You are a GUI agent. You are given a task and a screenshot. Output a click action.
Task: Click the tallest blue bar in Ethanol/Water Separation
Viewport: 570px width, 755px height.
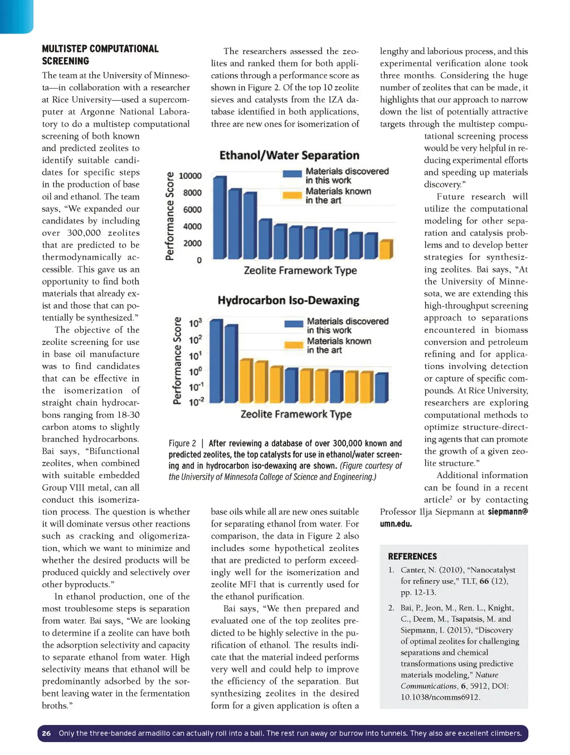[x=220, y=217]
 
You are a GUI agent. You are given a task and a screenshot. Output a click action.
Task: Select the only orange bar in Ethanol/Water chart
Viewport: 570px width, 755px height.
[x=386, y=249]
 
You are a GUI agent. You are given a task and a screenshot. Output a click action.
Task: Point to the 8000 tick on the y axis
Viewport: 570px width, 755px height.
[x=192, y=193]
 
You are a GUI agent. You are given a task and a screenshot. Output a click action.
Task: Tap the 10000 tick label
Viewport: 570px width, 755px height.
[x=190, y=176]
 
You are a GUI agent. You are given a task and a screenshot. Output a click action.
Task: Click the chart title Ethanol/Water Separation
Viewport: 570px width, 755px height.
[x=289, y=155]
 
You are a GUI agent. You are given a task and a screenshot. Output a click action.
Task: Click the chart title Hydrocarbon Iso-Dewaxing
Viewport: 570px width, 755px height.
[x=288, y=300]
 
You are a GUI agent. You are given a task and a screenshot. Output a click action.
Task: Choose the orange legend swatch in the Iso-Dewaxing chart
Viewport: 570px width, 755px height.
[x=294, y=345]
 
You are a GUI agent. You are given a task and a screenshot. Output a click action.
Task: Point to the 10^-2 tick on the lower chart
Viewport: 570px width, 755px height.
[x=196, y=401]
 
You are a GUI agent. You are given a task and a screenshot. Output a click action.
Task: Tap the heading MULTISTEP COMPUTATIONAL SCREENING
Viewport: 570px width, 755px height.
[x=100, y=55]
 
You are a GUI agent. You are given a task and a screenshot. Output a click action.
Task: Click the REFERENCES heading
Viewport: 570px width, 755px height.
[x=412, y=556]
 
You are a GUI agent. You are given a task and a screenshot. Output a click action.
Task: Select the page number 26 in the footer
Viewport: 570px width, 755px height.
[x=46, y=733]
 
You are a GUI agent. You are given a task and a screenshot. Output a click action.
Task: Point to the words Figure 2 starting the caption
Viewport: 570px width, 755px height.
[x=182, y=444]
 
